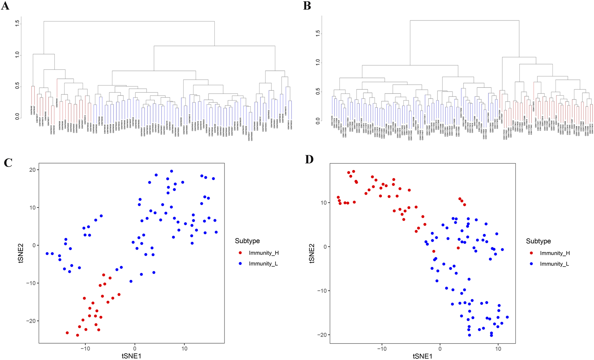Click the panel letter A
5,6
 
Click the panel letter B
307,6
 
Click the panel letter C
8,163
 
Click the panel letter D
309,159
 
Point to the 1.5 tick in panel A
17,23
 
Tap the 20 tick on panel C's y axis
32,170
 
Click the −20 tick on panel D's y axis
320,335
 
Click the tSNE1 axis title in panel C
131,356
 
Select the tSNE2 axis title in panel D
312,253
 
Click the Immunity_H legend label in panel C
263,253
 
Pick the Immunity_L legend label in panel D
554,264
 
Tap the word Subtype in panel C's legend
247,241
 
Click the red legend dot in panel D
531,253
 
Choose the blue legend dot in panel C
240,264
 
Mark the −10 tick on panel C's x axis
85,349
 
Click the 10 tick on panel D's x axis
498,349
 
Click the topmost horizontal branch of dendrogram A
129,21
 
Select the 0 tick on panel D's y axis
324,247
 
